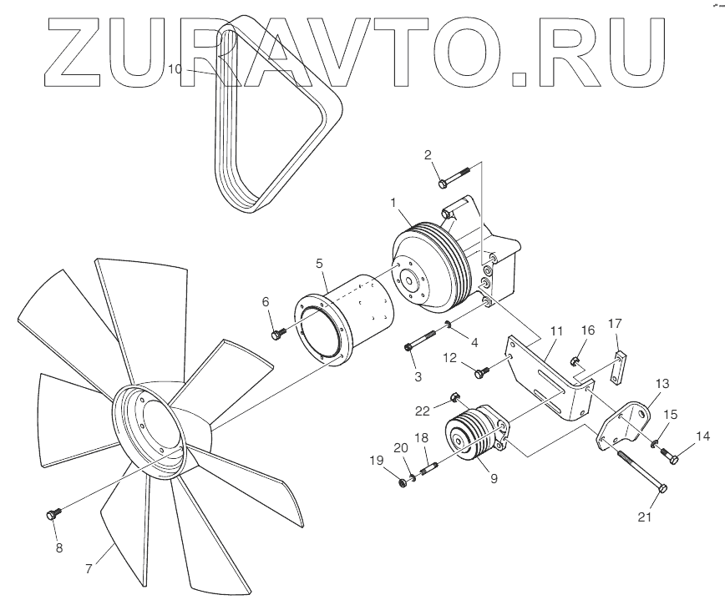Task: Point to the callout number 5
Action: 320,262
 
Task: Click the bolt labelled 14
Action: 669,455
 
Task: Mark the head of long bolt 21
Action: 662,487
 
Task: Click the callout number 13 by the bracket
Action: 662,384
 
